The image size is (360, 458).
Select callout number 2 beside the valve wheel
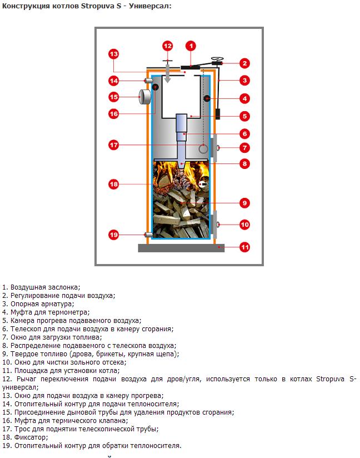[244, 63]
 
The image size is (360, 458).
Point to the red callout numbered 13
[113, 54]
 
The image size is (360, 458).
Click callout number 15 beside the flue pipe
[114, 97]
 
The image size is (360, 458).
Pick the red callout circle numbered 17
[113, 145]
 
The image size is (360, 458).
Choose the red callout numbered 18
[113, 184]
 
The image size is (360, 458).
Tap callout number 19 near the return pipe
[113, 235]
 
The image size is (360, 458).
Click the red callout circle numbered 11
[244, 247]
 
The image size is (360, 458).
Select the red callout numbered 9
[244, 203]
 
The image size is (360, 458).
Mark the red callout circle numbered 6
[244, 133]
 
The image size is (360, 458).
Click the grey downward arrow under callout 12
[168, 73]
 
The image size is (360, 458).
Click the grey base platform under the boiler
[181, 248]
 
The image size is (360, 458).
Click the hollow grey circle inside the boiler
[204, 148]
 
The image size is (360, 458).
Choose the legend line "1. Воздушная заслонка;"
[41, 287]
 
